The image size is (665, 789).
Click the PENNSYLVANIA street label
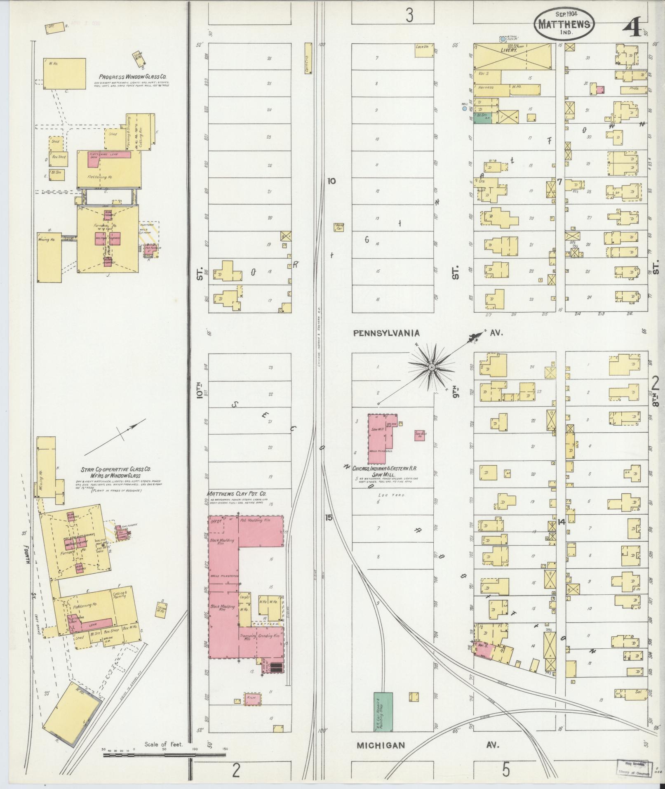tap(386, 333)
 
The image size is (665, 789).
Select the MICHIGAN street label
tap(381, 745)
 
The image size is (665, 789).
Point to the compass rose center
tap(431, 367)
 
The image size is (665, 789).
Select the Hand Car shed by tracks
tap(339, 227)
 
